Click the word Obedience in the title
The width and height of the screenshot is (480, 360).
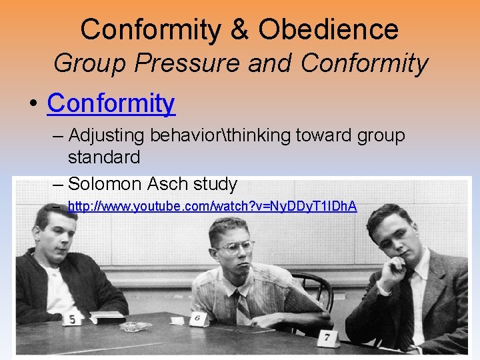tap(328, 29)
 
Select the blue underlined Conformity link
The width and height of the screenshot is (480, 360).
tap(111, 103)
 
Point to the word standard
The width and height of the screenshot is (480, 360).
tap(104, 157)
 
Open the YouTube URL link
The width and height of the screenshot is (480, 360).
tap(212, 206)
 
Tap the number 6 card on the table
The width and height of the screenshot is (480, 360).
tap(197, 319)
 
